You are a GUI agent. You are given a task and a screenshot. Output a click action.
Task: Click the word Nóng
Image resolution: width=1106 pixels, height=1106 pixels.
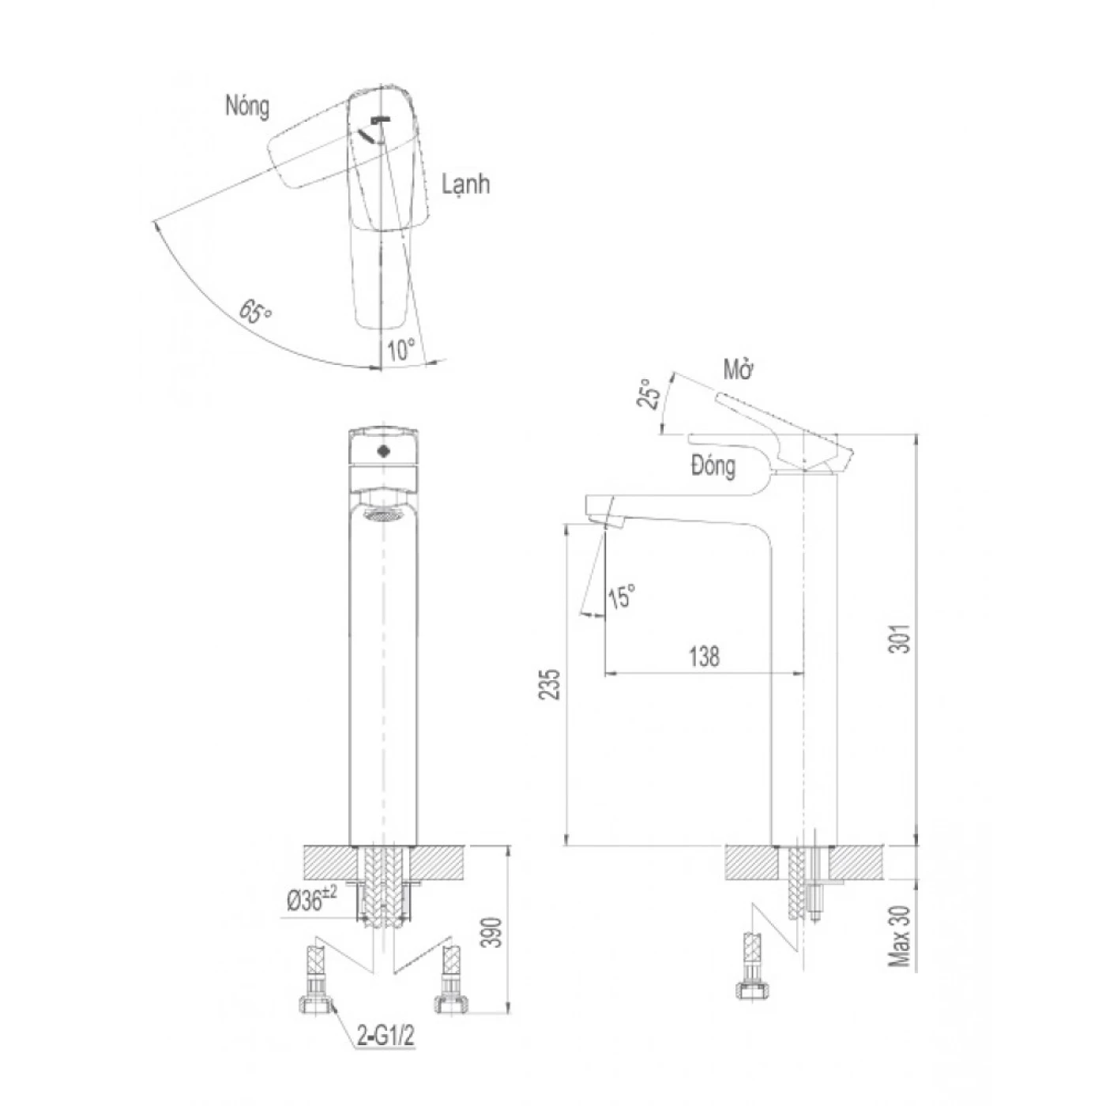(247, 107)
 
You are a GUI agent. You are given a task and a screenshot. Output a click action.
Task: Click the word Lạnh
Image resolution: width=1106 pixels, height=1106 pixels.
(465, 184)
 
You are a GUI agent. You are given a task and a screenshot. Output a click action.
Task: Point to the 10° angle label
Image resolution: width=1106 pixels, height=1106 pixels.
(401, 349)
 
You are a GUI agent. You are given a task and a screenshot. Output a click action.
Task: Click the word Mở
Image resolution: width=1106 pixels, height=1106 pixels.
(738, 371)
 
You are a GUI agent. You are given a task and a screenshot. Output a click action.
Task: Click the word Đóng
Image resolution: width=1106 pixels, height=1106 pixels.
(713, 465)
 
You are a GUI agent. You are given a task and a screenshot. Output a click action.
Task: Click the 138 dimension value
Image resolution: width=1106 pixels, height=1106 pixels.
(704, 656)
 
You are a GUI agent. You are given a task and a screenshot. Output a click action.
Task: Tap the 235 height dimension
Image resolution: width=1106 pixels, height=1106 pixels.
(549, 684)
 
